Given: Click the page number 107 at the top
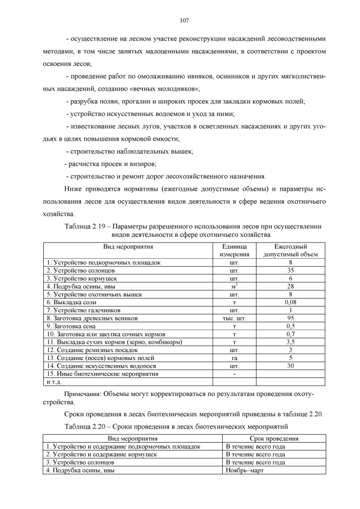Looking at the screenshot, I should [183, 21].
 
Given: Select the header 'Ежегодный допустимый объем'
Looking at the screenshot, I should [290, 250].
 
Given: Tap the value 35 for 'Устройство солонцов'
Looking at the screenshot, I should [290, 271].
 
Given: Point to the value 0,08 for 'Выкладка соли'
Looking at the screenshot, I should [290, 302].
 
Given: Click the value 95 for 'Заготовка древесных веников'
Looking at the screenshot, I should [290, 318].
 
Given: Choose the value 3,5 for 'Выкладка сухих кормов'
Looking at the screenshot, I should [290, 341].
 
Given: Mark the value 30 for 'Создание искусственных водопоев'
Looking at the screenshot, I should [290, 365].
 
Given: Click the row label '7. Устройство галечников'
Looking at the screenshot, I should [79, 310].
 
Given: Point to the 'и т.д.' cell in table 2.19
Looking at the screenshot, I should [53, 381].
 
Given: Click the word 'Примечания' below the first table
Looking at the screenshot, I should [85, 394].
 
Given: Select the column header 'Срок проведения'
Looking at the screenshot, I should [273, 438].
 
